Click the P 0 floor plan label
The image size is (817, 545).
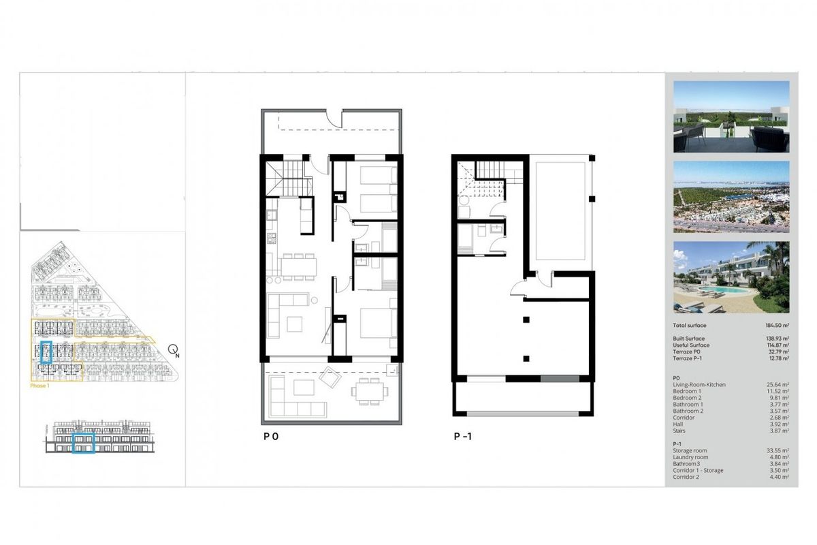pyautogui.click(x=270, y=438)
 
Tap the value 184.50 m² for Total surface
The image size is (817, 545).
pyautogui.click(x=775, y=326)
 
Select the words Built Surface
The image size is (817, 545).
pyautogui.click(x=688, y=339)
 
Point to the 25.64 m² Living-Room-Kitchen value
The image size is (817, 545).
pyautogui.click(x=778, y=385)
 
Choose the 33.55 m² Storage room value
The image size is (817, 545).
pyautogui.click(x=778, y=450)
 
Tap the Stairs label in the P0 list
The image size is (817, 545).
pyautogui.click(x=679, y=431)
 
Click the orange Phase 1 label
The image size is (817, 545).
pyautogui.click(x=40, y=386)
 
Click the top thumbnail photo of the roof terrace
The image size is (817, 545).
pyautogui.click(x=731, y=116)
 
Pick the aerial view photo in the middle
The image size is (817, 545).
pyautogui.click(x=731, y=197)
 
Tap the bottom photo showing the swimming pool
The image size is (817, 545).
pyautogui.click(x=731, y=277)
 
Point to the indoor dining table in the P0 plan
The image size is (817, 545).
pyautogui.click(x=295, y=266)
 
